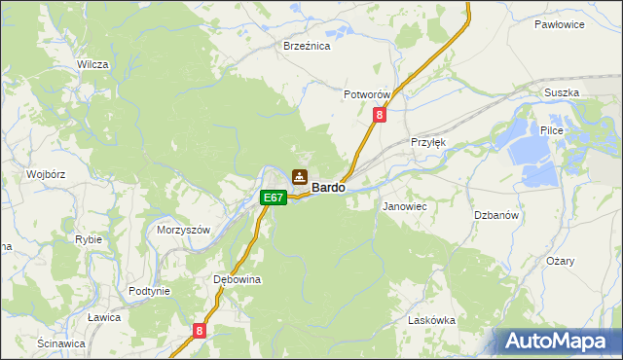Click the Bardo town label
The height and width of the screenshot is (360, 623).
click(328, 187)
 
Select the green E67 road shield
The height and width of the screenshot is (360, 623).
click(274, 198)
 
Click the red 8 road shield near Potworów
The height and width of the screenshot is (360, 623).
click(380, 115)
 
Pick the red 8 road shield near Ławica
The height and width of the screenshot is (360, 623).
click(200, 331)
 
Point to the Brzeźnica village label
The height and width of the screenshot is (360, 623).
click(307, 46)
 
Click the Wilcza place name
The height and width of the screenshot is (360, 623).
click(92, 64)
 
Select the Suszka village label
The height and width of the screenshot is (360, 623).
click(563, 92)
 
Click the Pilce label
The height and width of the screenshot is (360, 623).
click(552, 129)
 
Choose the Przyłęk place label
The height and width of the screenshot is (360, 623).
click(428, 141)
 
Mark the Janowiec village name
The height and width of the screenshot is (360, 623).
click(405, 207)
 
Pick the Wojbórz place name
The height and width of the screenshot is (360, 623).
click(46, 175)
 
